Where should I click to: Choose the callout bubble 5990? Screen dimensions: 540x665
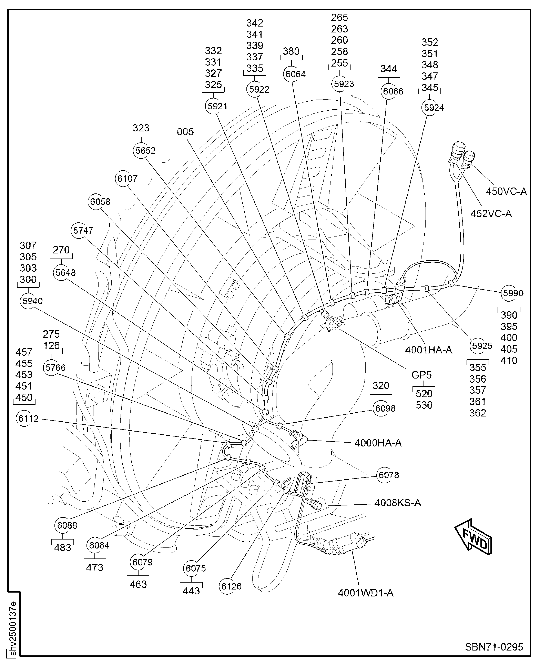(509, 293)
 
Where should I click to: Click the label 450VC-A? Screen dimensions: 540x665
(506, 191)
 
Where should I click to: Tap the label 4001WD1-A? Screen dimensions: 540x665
(366, 593)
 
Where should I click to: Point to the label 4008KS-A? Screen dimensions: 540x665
(398, 503)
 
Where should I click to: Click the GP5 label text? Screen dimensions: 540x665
(421, 375)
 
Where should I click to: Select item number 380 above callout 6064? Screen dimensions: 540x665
(291, 51)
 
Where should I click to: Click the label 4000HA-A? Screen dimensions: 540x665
(378, 443)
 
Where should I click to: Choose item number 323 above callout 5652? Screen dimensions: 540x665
(141, 128)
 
